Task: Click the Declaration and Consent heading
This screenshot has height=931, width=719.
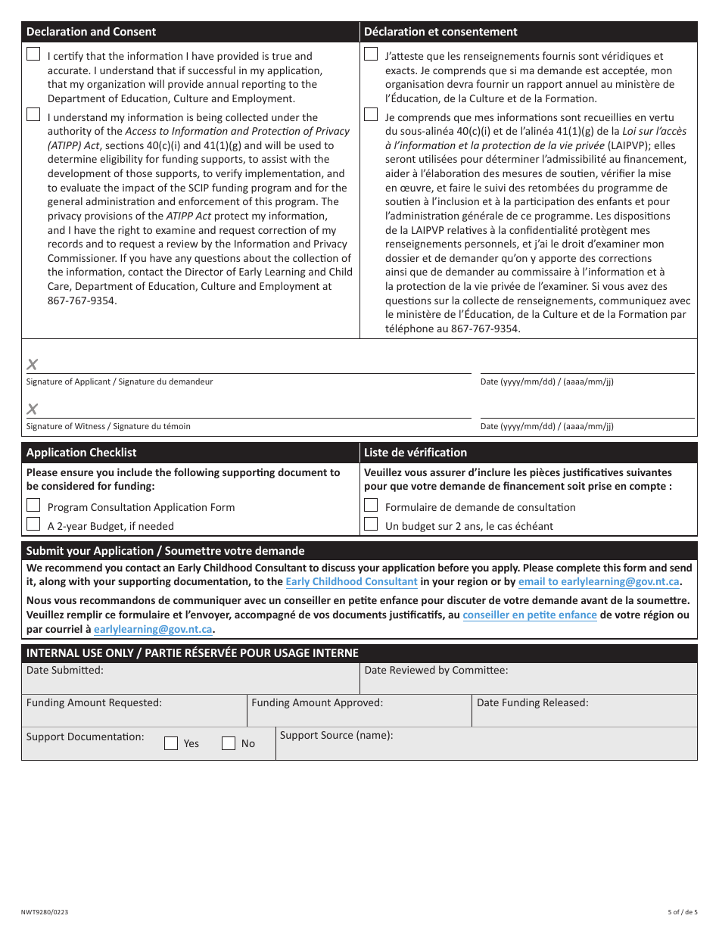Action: [91, 32]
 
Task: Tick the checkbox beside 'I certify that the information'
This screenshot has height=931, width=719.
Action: [33, 54]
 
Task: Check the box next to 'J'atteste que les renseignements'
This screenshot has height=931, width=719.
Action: [371, 54]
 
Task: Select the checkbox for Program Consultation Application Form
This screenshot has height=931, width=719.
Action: [33, 505]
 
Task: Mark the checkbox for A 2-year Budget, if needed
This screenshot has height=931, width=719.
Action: [33, 524]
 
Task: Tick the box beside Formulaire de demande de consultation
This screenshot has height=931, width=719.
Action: [371, 505]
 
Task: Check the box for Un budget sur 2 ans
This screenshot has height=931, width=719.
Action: [371, 524]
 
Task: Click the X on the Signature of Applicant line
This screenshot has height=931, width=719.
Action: [33, 365]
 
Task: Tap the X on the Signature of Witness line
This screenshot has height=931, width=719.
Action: [33, 409]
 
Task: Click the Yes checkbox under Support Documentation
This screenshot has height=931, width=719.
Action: [171, 743]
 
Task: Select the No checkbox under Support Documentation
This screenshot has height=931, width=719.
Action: [229, 743]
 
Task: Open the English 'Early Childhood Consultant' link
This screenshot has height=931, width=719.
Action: [351, 582]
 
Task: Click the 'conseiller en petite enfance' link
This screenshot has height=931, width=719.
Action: [529, 615]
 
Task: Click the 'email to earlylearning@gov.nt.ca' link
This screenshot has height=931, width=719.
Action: [599, 582]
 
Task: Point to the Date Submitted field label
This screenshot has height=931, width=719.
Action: [65, 671]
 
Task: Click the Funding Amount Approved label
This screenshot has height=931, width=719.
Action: [317, 703]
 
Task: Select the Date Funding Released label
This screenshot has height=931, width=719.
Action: [532, 703]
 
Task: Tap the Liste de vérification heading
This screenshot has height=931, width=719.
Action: [416, 453]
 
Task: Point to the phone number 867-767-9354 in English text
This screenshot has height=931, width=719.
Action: [82, 300]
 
